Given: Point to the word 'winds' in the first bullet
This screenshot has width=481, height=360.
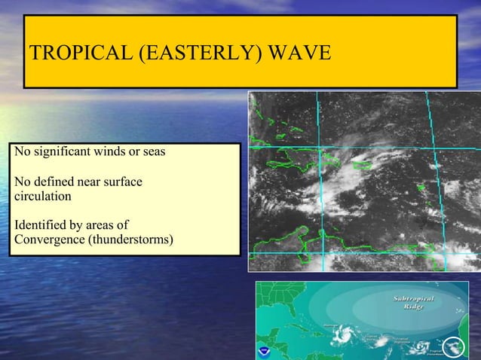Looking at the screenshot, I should click(x=109, y=152).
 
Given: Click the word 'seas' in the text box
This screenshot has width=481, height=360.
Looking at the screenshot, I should click(x=153, y=152).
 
